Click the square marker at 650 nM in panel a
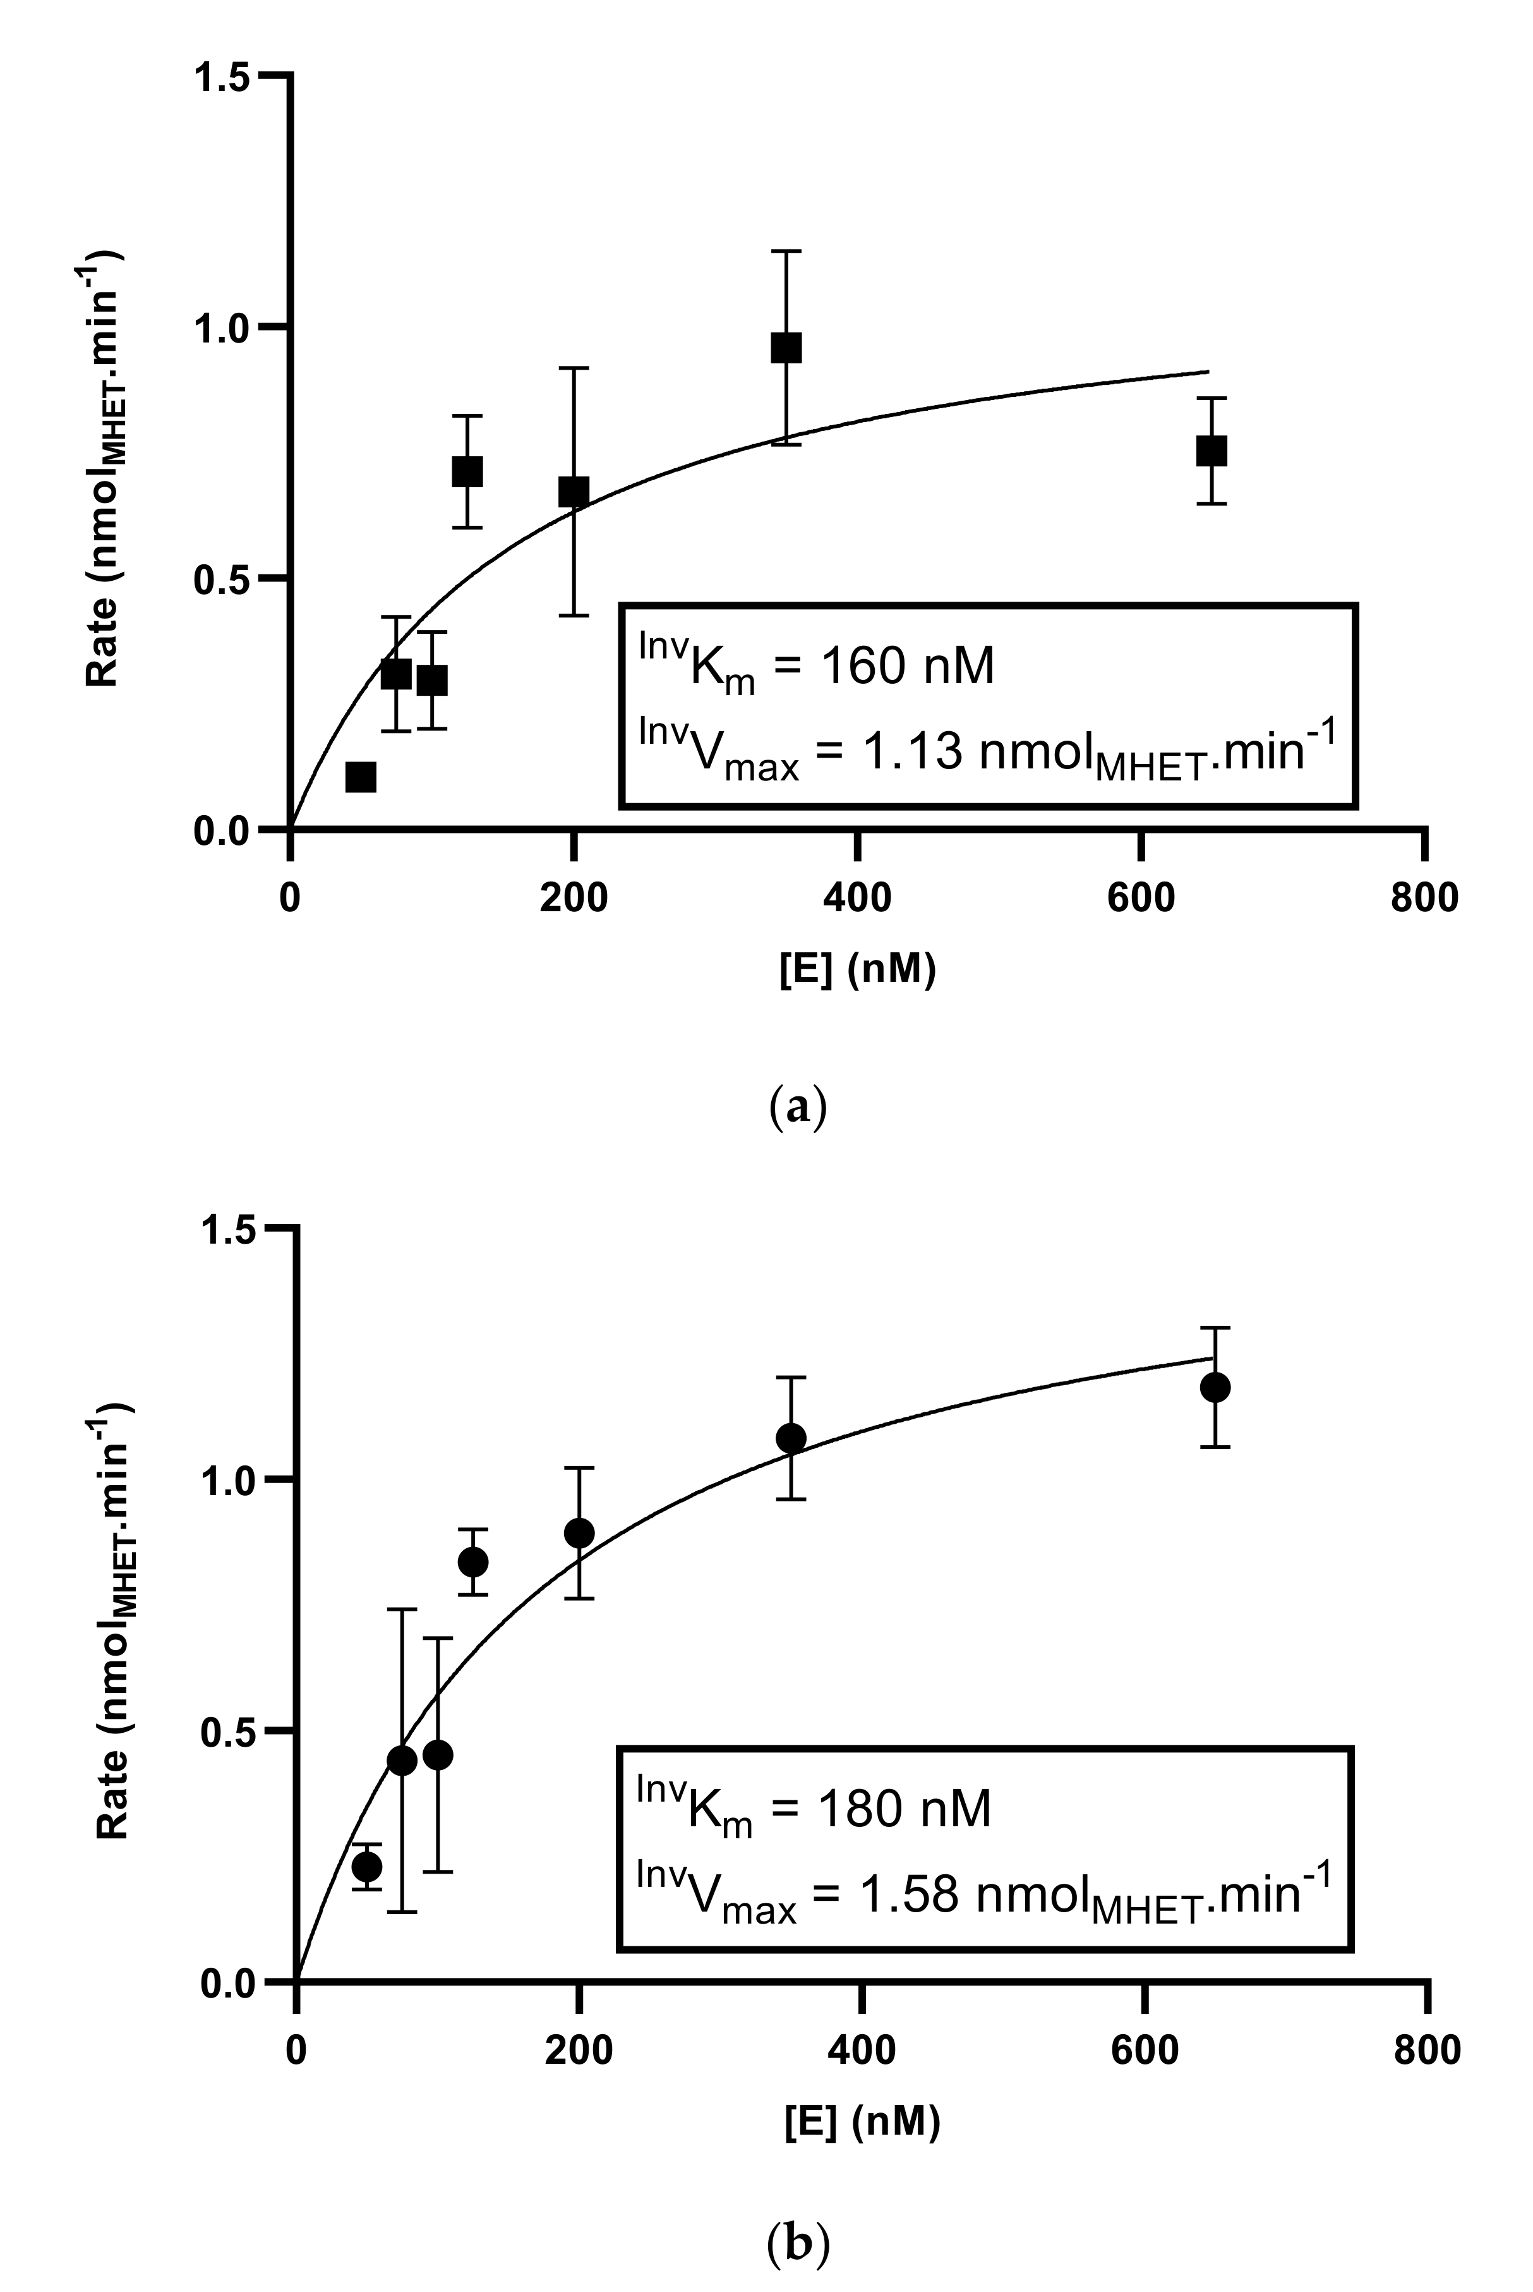[x=1211, y=451]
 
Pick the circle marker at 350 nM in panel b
[x=790, y=1438]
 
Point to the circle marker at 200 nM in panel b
[x=580, y=1532]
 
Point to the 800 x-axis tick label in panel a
[x=1424, y=897]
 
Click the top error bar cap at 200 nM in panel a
[x=574, y=368]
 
